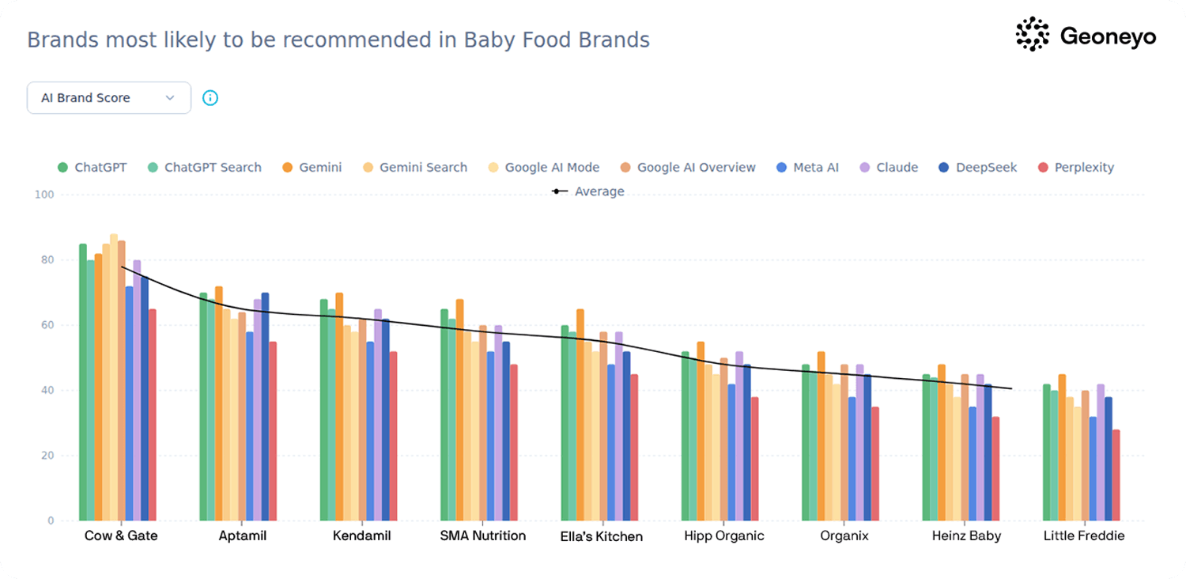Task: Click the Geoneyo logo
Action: [x=1085, y=36]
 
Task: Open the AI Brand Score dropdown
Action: [x=109, y=98]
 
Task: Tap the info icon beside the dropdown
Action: [x=210, y=98]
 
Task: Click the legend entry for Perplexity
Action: [x=1076, y=168]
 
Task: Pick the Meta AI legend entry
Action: [x=807, y=168]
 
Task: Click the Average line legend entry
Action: [x=589, y=191]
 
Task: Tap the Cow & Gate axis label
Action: [x=121, y=535]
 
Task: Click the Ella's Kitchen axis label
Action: [x=601, y=536]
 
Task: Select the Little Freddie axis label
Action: [x=1083, y=535]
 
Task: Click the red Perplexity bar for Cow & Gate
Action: [x=153, y=415]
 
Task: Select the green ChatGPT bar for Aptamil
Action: [x=203, y=407]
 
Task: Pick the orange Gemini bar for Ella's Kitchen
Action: [x=580, y=415]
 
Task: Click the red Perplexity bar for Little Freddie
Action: [x=1116, y=475]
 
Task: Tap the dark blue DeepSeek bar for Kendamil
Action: [x=386, y=420]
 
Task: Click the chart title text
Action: [x=338, y=40]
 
